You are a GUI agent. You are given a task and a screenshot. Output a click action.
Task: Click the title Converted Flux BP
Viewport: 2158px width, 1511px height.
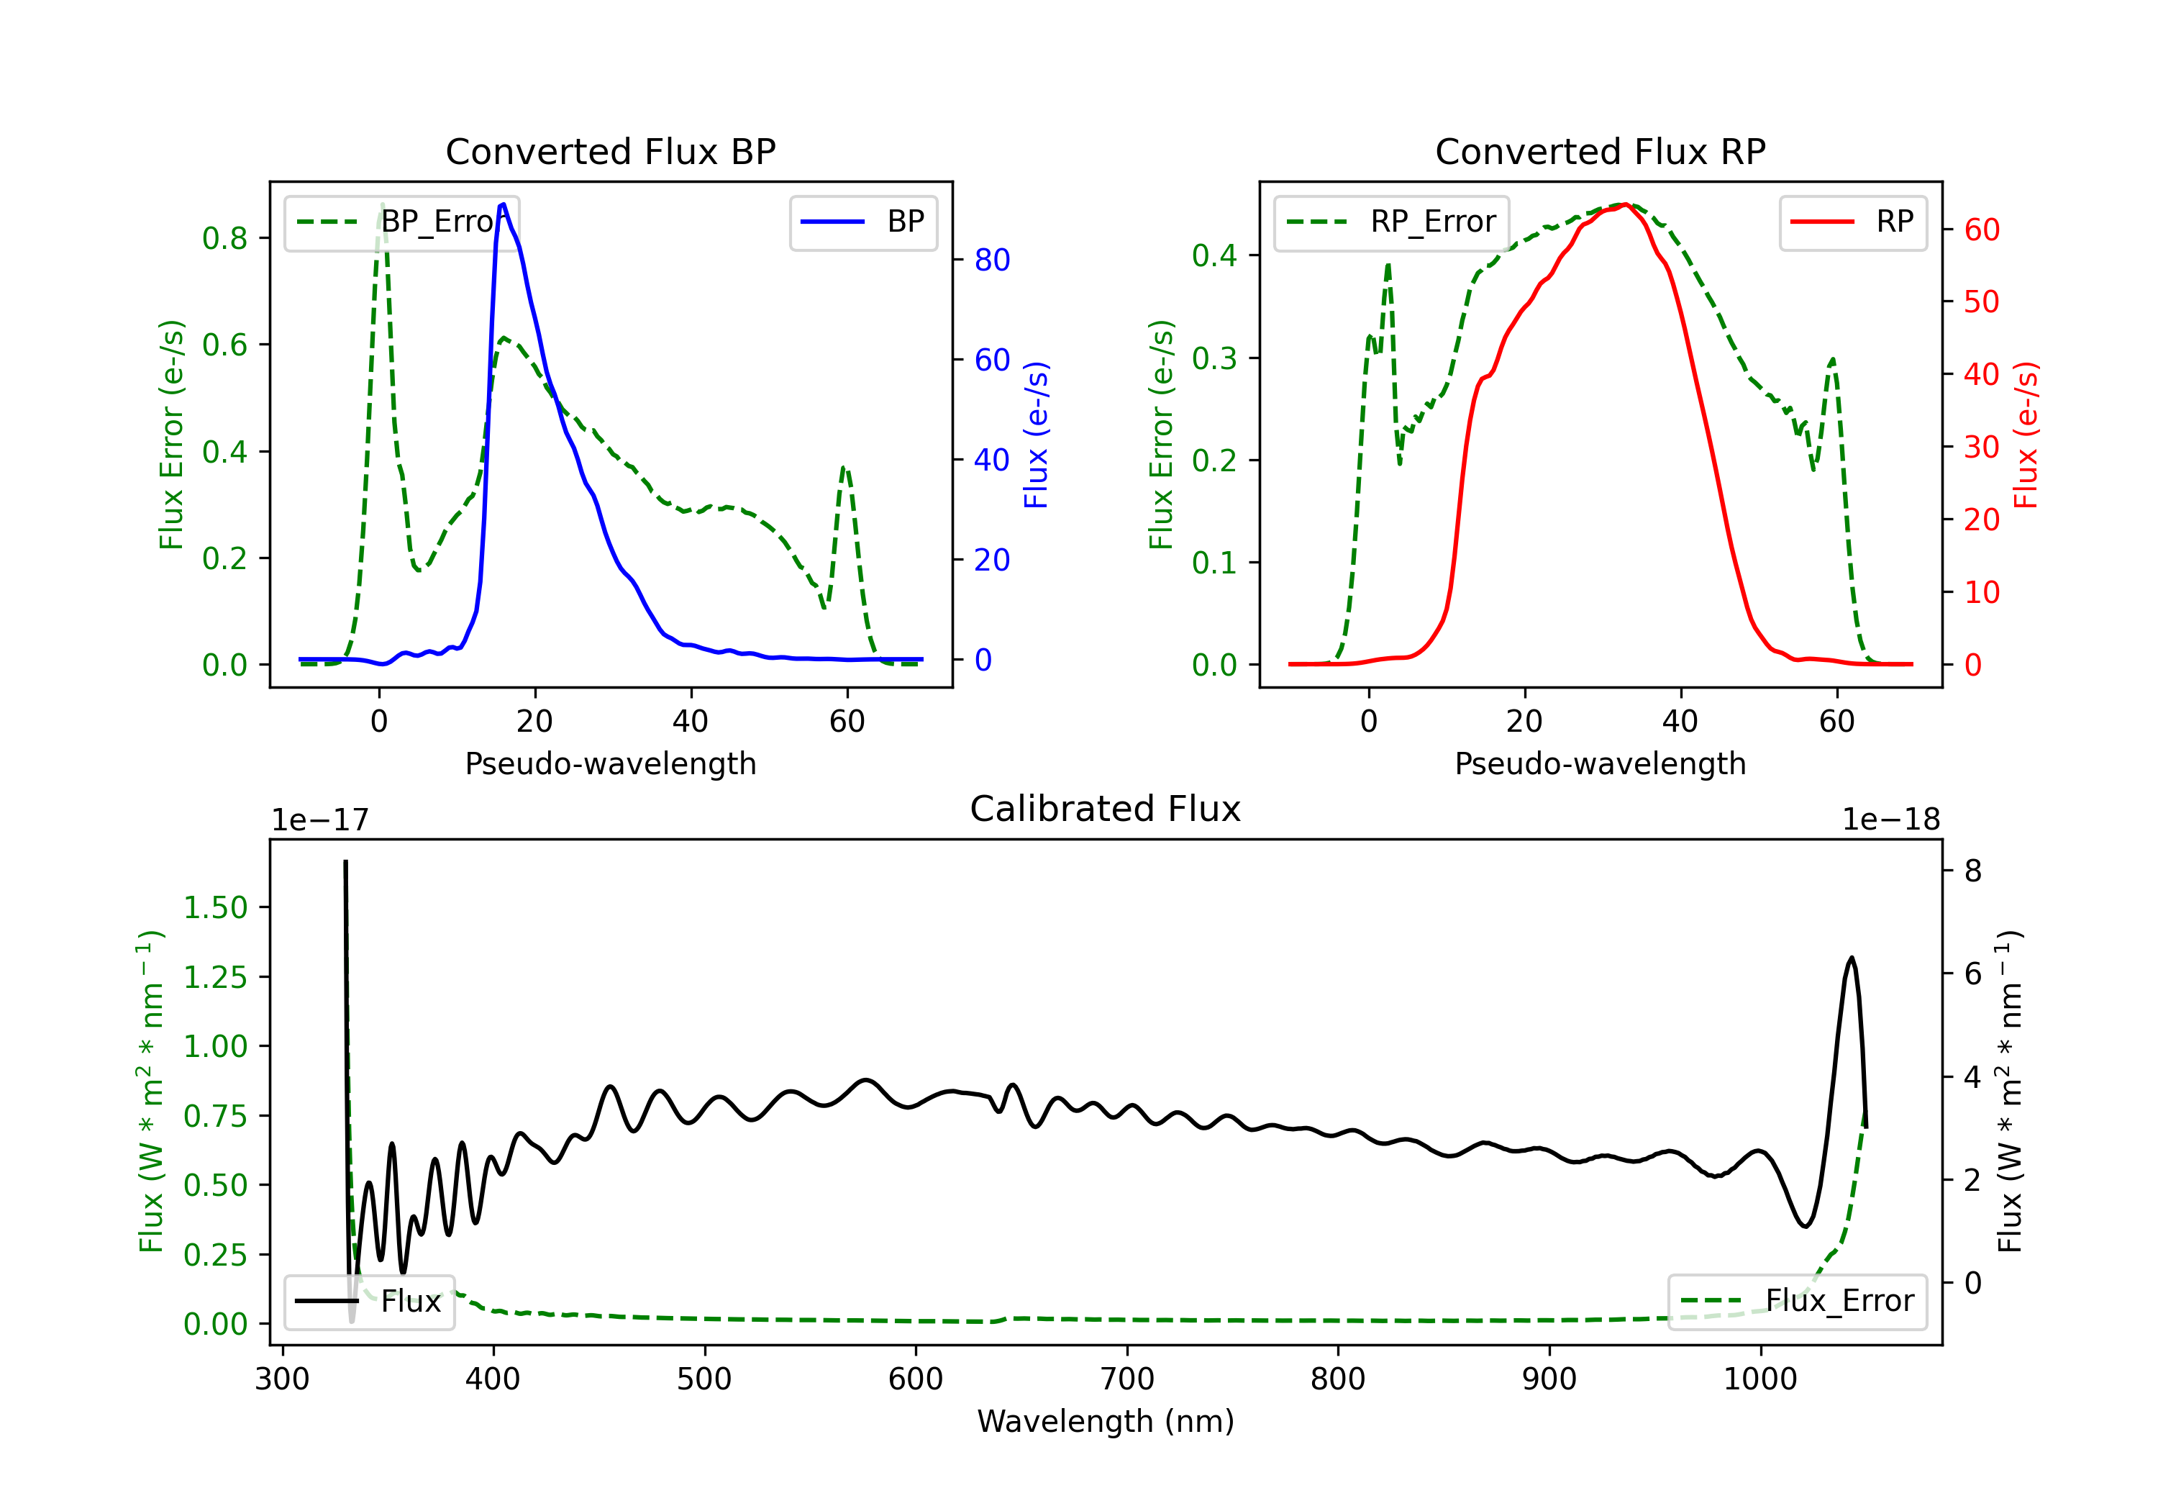[611, 151]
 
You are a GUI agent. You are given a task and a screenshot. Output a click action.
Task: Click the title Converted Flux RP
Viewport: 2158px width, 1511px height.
[1601, 151]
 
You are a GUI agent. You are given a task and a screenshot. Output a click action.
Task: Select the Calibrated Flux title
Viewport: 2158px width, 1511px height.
[1106, 809]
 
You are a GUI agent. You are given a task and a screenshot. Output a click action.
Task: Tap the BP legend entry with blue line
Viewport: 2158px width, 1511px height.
[862, 222]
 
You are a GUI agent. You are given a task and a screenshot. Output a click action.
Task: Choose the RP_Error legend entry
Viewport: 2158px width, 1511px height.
[1391, 222]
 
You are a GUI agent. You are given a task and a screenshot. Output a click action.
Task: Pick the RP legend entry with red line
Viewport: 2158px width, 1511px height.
[1852, 222]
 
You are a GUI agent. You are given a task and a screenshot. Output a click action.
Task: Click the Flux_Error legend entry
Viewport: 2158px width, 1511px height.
[1797, 1302]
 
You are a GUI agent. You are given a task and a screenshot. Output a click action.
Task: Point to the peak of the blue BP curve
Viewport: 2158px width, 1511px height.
[504, 204]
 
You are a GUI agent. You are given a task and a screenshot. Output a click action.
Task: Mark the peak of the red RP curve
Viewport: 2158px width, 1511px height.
[1625, 204]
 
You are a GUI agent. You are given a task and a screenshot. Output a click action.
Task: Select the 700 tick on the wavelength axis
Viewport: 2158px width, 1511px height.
[1127, 1379]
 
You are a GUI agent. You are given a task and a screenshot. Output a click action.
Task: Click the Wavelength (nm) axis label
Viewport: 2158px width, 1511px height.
[1106, 1421]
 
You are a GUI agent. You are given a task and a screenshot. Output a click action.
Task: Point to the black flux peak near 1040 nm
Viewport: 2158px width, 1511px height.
[1852, 958]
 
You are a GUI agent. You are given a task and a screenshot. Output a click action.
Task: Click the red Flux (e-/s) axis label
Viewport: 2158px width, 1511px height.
[2026, 435]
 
